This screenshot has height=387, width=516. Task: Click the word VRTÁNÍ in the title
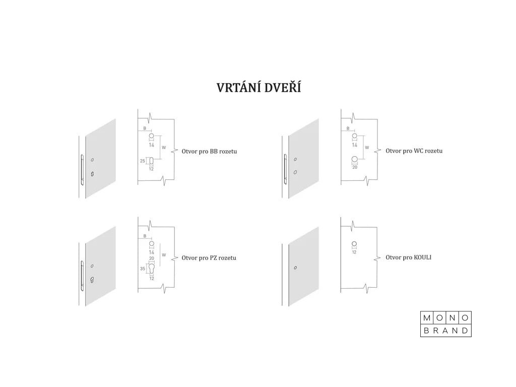coord(237,88)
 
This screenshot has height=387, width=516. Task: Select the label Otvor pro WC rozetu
coord(414,151)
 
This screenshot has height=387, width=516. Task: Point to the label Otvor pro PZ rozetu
coord(209,257)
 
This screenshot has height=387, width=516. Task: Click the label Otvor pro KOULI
coord(408,257)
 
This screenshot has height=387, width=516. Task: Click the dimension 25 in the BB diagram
coord(143,161)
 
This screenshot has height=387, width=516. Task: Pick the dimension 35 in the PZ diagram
coord(143,269)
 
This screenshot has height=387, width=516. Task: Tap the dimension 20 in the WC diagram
coord(354,167)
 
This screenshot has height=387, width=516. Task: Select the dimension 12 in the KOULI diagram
coord(354,252)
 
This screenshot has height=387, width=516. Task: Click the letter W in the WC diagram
coord(366,148)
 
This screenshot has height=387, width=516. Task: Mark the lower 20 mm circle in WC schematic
coord(354,160)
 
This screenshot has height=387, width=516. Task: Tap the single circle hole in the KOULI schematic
coord(354,244)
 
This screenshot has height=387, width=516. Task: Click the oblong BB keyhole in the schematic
coord(151,161)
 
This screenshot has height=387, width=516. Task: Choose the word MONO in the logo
coord(446,318)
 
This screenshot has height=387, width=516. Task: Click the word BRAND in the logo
coord(446,331)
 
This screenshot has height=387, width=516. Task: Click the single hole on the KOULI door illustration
coord(295,268)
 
